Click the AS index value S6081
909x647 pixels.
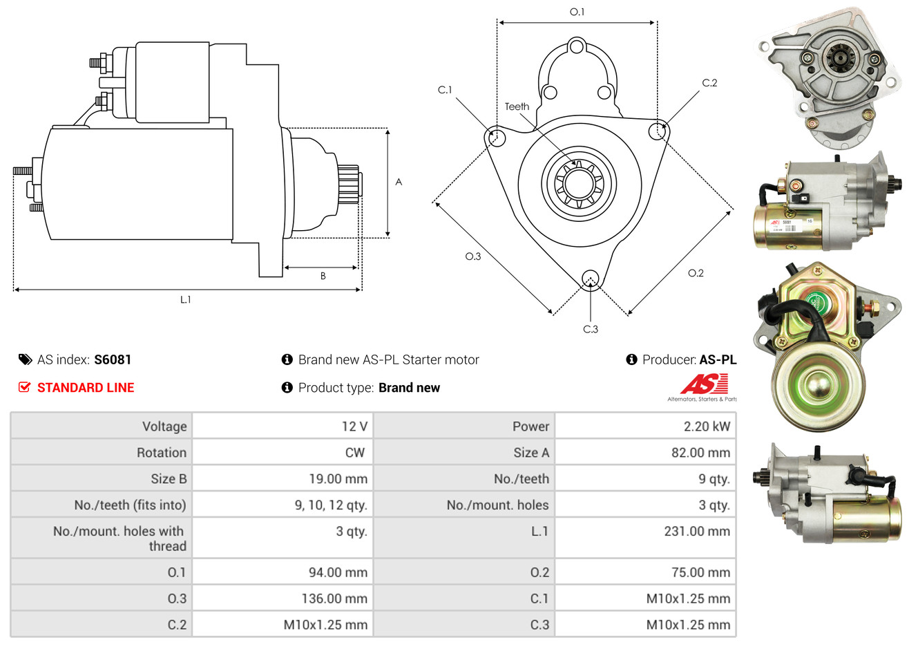pyautogui.click(x=113, y=359)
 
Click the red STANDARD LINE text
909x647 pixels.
pyautogui.click(x=86, y=388)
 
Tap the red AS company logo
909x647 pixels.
pyautogui.click(x=704, y=384)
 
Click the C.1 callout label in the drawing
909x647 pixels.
pyautogui.click(x=445, y=90)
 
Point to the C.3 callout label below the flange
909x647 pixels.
pyautogui.click(x=591, y=329)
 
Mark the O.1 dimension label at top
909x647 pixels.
pyautogui.click(x=577, y=12)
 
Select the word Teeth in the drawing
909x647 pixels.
pyautogui.click(x=517, y=106)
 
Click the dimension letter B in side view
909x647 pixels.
pyautogui.click(x=323, y=276)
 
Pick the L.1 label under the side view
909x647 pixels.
pyautogui.click(x=186, y=299)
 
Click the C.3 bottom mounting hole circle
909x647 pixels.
pyautogui.click(x=591, y=279)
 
